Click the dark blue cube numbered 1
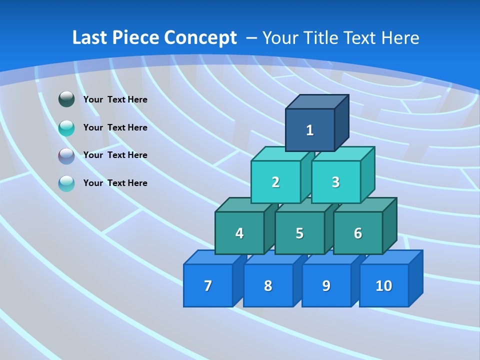click(310, 130)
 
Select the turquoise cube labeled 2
click(275, 182)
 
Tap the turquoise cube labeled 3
click(335, 182)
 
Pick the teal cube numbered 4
click(239, 233)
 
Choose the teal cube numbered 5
click(299, 233)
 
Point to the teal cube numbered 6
click(358, 233)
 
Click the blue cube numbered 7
click(208, 285)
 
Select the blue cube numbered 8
click(268, 285)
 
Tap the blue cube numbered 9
click(326, 285)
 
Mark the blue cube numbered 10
click(384, 285)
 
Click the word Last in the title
click(90, 37)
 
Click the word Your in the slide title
click(280, 37)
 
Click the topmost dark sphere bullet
click(66, 99)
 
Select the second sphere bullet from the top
click(66, 127)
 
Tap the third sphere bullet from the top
click(66, 155)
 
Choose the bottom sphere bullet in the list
click(66, 183)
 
